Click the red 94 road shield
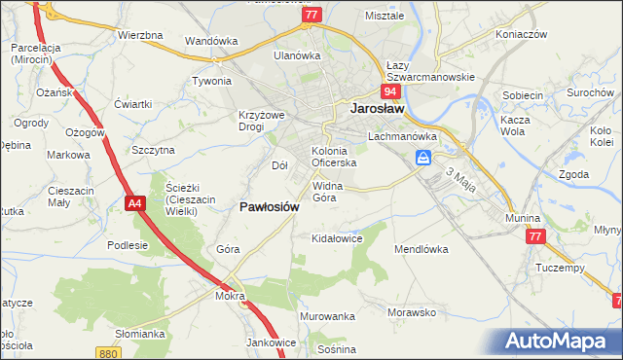[x=390, y=91]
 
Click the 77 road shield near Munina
[x=533, y=236]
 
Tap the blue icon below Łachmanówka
[x=423, y=158]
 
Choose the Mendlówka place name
[x=421, y=249]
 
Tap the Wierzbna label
[x=140, y=35]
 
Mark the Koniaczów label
[x=521, y=34]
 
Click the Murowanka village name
[x=327, y=317]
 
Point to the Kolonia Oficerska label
[x=334, y=157]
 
